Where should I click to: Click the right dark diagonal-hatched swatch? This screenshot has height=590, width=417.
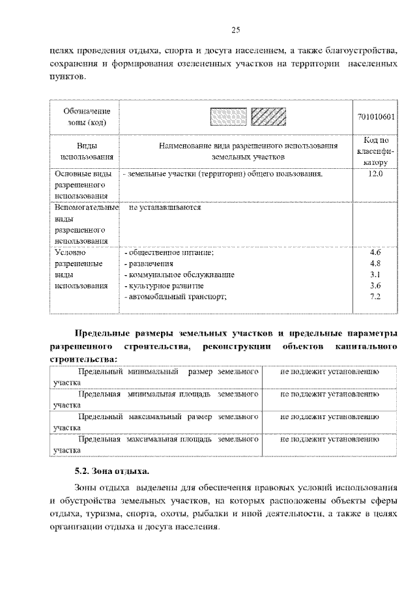pos(268,117)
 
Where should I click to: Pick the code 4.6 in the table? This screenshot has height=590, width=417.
pos(375,252)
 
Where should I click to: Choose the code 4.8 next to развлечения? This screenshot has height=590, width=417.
pos(375,263)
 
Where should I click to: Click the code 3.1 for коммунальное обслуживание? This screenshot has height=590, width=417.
pos(375,274)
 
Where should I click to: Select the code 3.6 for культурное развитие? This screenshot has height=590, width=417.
pos(375,286)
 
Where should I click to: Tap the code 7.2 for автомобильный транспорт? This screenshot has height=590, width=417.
pos(375,297)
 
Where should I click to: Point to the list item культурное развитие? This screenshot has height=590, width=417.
pos(164,286)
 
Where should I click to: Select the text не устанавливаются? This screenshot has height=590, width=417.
pos(165,208)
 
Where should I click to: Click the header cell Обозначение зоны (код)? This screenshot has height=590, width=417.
pos(87,117)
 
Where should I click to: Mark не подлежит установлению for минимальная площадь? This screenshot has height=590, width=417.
pos(330,394)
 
